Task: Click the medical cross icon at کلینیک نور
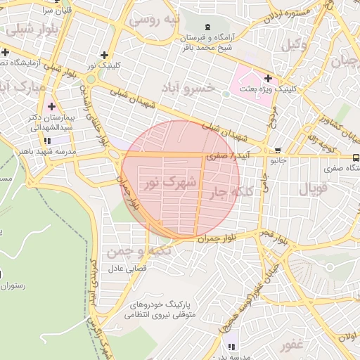click(105, 55)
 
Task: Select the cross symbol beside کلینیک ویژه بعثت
click(267, 78)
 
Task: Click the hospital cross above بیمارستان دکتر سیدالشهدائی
click(51, 106)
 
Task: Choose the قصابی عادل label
click(126, 269)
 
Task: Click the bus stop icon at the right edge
click(356, 157)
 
